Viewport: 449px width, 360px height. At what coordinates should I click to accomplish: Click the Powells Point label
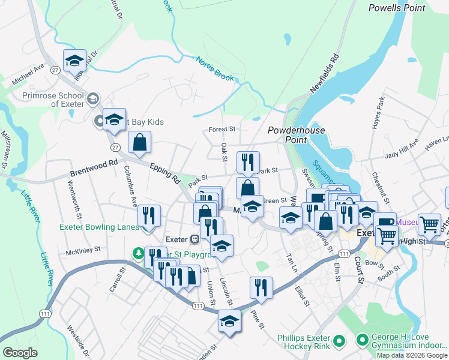[396, 8]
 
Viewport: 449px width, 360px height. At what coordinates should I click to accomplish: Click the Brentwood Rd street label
[94, 164]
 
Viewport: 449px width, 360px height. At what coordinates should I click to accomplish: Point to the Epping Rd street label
[165, 173]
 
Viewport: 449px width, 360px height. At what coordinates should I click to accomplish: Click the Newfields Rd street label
[325, 73]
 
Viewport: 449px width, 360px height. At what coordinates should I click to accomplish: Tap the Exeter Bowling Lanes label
[99, 227]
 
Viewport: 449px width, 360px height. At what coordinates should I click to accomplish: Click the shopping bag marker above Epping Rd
[139, 143]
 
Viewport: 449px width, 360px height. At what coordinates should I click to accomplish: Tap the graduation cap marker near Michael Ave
[75, 61]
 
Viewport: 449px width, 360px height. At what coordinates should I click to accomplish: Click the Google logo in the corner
[20, 353]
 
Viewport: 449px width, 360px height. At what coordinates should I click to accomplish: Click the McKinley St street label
[83, 251]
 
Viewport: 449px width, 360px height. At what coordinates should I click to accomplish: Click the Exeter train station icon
[194, 239]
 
